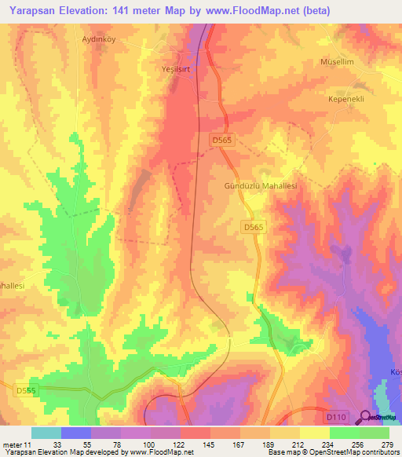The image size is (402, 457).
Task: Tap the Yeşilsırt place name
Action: coord(177,68)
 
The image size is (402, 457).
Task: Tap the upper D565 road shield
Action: coord(224,140)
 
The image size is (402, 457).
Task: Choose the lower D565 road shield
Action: coord(252,226)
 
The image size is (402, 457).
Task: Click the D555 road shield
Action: coord(25,390)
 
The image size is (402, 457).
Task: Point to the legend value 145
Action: coord(210,445)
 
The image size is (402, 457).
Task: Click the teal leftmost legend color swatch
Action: coord(46,433)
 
